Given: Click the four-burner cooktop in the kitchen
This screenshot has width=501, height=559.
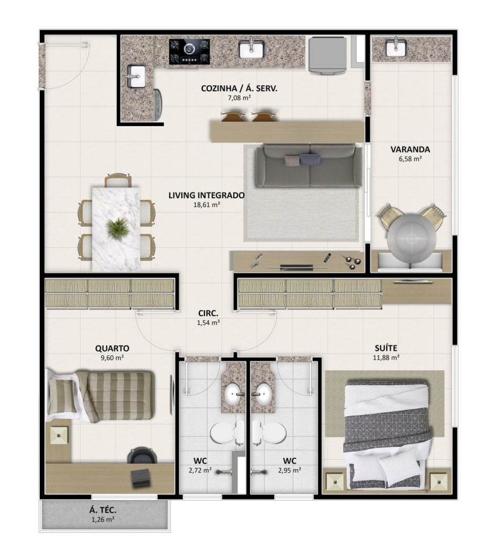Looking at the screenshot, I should pyautogui.click(x=190, y=51).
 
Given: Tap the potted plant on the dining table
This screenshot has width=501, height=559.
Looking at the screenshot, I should pyautogui.click(x=117, y=227).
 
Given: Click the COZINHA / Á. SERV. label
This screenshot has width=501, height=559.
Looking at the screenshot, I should pyautogui.click(x=239, y=89).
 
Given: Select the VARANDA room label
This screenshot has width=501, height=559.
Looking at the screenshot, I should pyautogui.click(x=410, y=149).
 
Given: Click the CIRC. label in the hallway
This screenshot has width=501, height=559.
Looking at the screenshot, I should pyautogui.click(x=208, y=314).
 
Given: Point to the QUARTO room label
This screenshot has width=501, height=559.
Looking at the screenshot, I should pyautogui.click(x=113, y=348).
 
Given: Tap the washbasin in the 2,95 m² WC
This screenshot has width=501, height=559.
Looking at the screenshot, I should pyautogui.click(x=264, y=394).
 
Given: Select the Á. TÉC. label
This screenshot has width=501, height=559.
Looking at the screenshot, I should pyautogui.click(x=103, y=511).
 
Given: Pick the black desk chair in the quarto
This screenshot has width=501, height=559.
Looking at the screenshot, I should pyautogui.click(x=137, y=455).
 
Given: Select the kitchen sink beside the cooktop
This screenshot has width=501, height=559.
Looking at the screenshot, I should pyautogui.click(x=252, y=48).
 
